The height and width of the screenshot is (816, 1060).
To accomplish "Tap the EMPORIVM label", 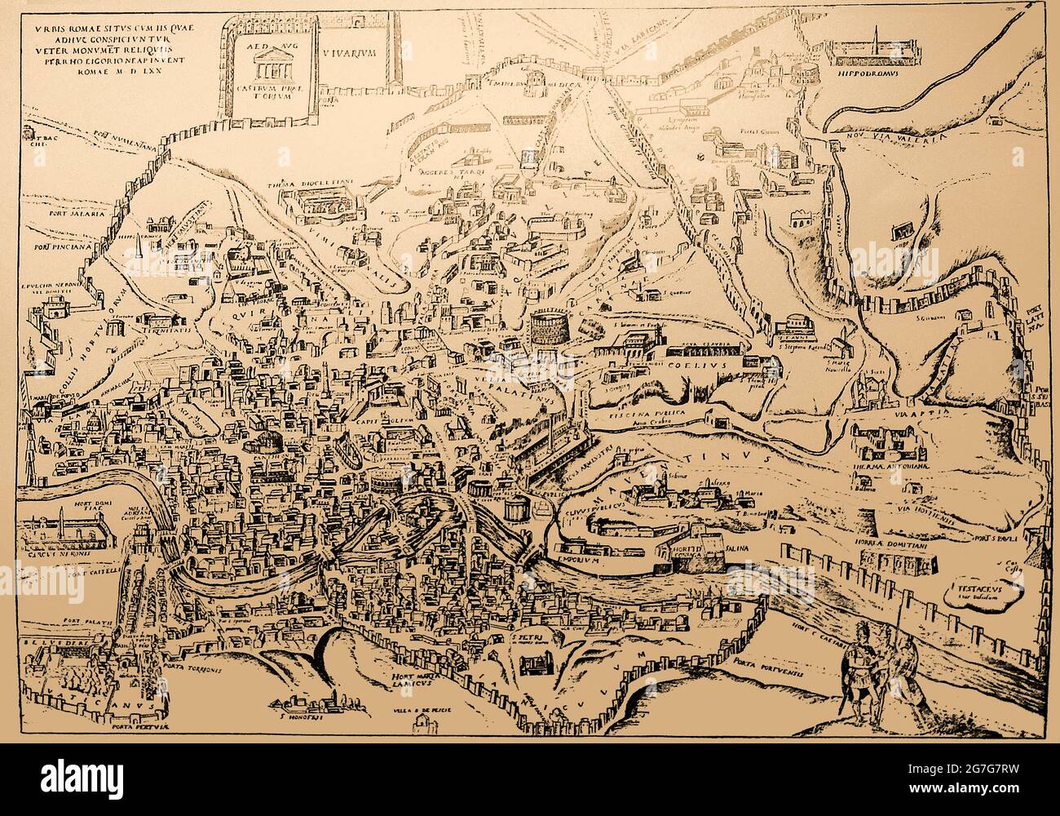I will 578,561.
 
